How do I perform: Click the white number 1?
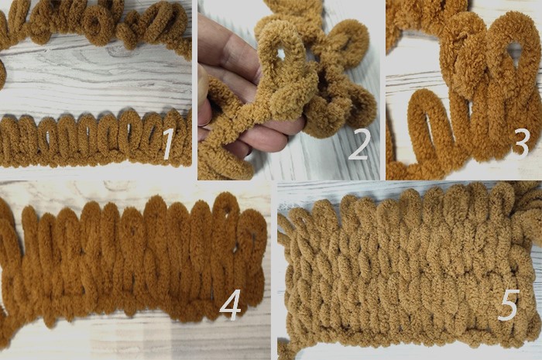(168, 143)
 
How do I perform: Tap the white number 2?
(360, 145)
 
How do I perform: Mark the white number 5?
(509, 304)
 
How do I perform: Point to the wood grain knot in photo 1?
(116, 52)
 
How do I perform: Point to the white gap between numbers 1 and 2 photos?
(194, 90)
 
